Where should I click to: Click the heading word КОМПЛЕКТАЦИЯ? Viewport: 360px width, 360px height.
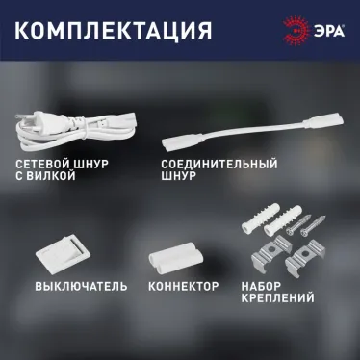pos(115,30)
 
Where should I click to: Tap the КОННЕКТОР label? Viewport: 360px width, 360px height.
pos(184,286)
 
